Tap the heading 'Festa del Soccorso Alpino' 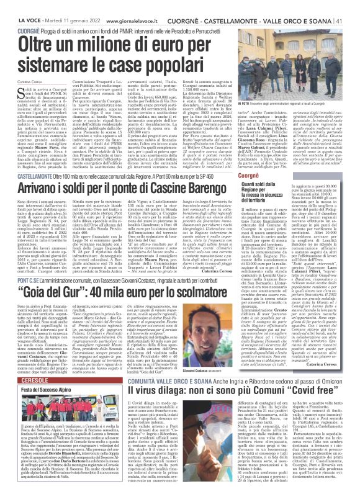point(45,371)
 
